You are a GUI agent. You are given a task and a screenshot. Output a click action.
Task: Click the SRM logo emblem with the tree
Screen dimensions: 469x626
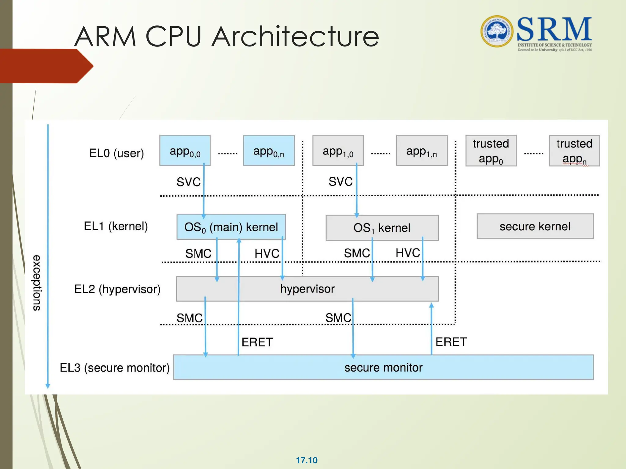[497, 31]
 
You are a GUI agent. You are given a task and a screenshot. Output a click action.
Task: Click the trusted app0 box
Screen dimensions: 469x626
[491, 151]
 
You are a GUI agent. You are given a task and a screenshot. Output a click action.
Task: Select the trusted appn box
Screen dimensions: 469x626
[574, 151]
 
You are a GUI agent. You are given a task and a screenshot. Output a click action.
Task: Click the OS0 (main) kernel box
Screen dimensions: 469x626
[231, 227]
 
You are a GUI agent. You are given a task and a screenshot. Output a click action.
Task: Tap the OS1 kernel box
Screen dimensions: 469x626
[382, 228]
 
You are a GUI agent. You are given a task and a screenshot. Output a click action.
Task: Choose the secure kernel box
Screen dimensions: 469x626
[535, 226]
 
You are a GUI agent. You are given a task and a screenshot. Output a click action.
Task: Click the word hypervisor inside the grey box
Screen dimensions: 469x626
[307, 289]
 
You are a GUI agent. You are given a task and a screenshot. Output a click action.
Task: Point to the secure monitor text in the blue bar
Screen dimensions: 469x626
[383, 367]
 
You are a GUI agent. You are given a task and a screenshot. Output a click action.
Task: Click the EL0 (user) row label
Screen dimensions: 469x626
[116, 153]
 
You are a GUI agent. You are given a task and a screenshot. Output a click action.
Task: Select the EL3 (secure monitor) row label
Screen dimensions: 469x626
[115, 368]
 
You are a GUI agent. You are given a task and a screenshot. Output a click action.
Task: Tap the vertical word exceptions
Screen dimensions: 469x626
[37, 283]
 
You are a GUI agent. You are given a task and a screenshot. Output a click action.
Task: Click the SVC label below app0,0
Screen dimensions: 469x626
[188, 182]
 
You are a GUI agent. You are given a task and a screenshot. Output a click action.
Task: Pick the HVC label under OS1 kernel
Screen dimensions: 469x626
[408, 253]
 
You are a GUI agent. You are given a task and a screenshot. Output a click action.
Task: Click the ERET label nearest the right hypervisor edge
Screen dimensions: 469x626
[451, 342]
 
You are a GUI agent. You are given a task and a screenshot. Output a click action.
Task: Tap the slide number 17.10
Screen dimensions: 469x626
[307, 460]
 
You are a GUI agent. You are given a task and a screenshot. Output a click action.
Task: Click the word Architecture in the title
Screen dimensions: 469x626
[295, 37]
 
